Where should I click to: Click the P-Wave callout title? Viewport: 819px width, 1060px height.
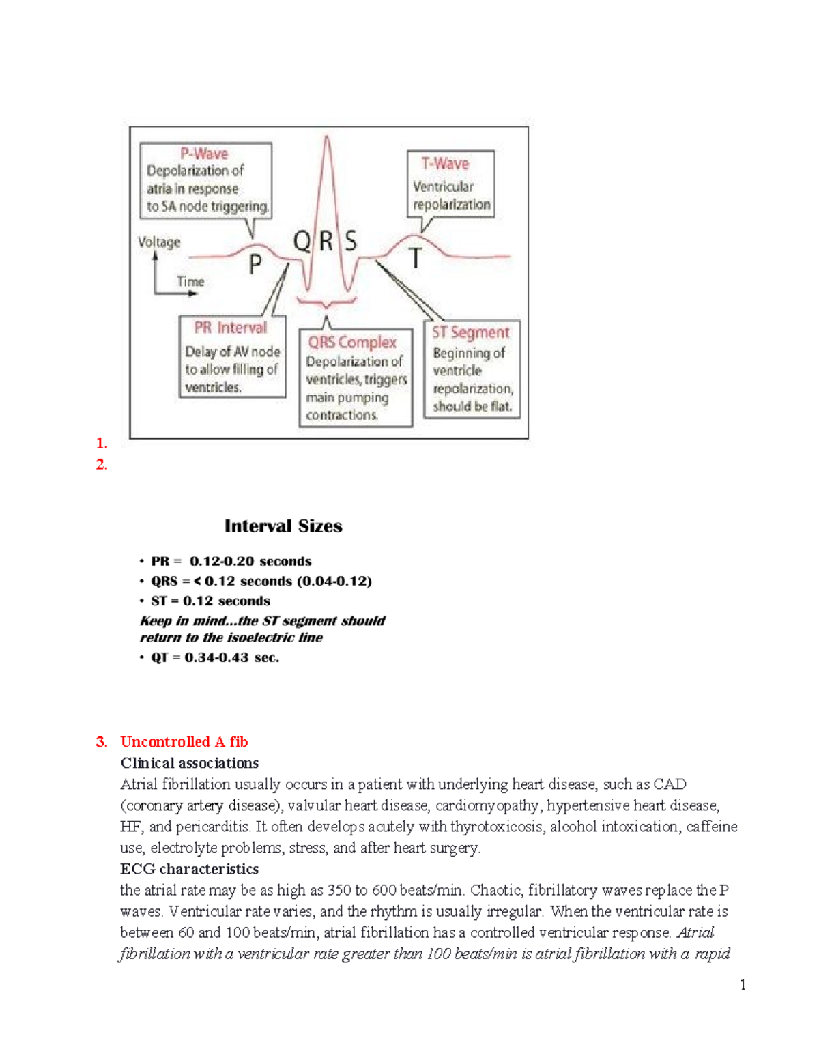click(x=204, y=154)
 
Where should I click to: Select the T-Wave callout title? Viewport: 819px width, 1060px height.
click(x=445, y=164)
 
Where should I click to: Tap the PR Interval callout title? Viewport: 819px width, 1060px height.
click(x=231, y=328)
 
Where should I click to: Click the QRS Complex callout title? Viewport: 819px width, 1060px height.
click(x=352, y=343)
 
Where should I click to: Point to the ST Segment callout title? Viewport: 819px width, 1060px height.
click(x=470, y=333)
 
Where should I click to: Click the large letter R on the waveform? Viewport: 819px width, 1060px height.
click(x=326, y=241)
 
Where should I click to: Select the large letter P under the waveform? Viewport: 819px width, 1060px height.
click(x=255, y=263)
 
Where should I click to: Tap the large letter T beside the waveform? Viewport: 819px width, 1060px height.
click(x=415, y=259)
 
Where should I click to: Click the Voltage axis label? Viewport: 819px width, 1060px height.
click(x=159, y=242)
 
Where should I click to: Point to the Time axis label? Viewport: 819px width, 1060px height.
click(x=190, y=282)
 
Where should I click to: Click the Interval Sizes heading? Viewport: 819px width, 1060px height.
click(x=283, y=526)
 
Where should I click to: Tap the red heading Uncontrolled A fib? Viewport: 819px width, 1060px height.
click(x=184, y=742)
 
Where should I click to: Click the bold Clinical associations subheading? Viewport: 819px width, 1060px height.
click(x=189, y=763)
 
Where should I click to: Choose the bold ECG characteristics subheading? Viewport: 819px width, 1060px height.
click(x=189, y=869)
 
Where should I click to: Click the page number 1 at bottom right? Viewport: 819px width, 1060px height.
click(x=743, y=985)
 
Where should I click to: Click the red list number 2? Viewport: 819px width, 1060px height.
click(x=102, y=465)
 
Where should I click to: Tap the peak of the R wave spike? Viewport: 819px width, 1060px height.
click(x=328, y=138)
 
